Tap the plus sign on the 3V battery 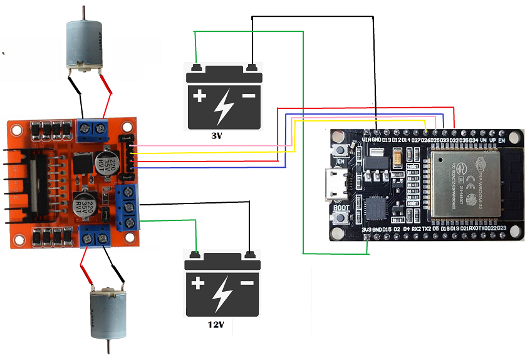pyautogui.click(x=199, y=96)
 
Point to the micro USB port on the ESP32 pyautogui.click(x=335, y=185)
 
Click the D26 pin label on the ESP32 pyautogui.click(x=426, y=140)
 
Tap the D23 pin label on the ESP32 pyautogui.click(x=501, y=230)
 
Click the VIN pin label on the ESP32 pyautogui.click(x=367, y=140)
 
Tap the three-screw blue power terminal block pyautogui.click(x=128, y=207)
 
